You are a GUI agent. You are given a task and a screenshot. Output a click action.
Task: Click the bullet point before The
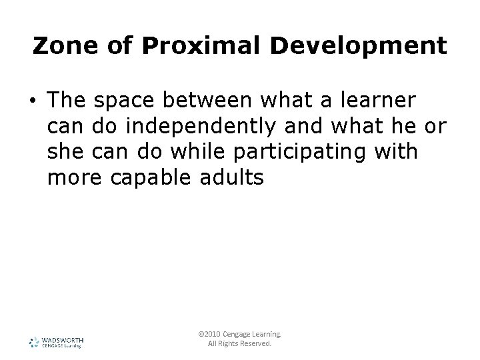[x=32, y=101]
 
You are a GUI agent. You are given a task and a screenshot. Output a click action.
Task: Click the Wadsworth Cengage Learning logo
[x=56, y=343]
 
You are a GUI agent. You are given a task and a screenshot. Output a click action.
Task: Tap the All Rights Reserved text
[x=240, y=345]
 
